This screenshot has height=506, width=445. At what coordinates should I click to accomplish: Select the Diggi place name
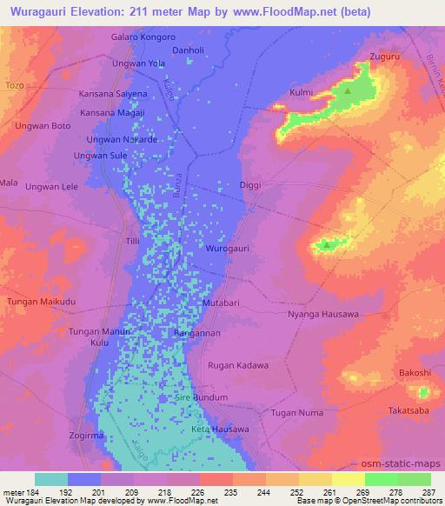[249, 184]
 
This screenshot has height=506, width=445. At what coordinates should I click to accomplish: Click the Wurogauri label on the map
[229, 249]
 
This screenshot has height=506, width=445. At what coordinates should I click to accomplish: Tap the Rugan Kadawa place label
[236, 365]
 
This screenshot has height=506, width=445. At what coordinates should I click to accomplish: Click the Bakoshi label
[415, 372]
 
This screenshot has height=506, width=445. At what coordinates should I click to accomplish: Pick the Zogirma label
[87, 434]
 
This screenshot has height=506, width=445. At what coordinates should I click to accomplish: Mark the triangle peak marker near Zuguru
[348, 90]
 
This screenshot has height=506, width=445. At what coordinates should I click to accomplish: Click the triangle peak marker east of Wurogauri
[326, 245]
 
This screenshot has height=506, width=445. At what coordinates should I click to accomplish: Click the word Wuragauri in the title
[38, 12]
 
